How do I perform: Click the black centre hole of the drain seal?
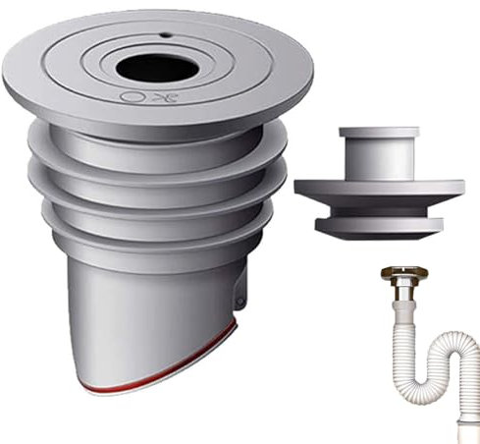[x=157, y=67]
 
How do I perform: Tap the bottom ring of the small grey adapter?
[x=378, y=225]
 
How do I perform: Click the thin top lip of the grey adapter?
[x=378, y=132]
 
